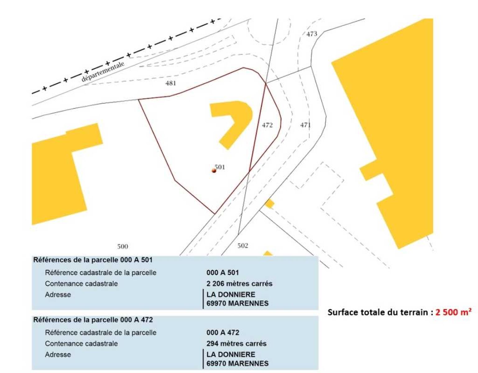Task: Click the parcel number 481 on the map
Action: (171, 83)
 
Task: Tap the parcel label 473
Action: (312, 34)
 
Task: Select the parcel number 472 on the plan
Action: (267, 125)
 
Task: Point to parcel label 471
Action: (306, 125)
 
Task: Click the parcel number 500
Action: (122, 246)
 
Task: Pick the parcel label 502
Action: (243, 246)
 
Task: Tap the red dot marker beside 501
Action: (214, 170)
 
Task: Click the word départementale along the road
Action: (103, 71)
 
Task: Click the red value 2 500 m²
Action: (453, 312)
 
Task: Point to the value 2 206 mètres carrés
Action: (239, 283)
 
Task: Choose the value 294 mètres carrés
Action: (237, 343)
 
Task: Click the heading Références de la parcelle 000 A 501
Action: (93, 260)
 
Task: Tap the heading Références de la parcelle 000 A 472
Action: (93, 320)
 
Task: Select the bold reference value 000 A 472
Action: (223, 332)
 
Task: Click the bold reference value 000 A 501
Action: (223, 273)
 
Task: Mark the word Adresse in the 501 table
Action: (58, 294)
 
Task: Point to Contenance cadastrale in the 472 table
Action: (81, 343)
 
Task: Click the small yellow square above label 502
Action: (269, 203)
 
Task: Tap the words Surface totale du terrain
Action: (378, 312)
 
